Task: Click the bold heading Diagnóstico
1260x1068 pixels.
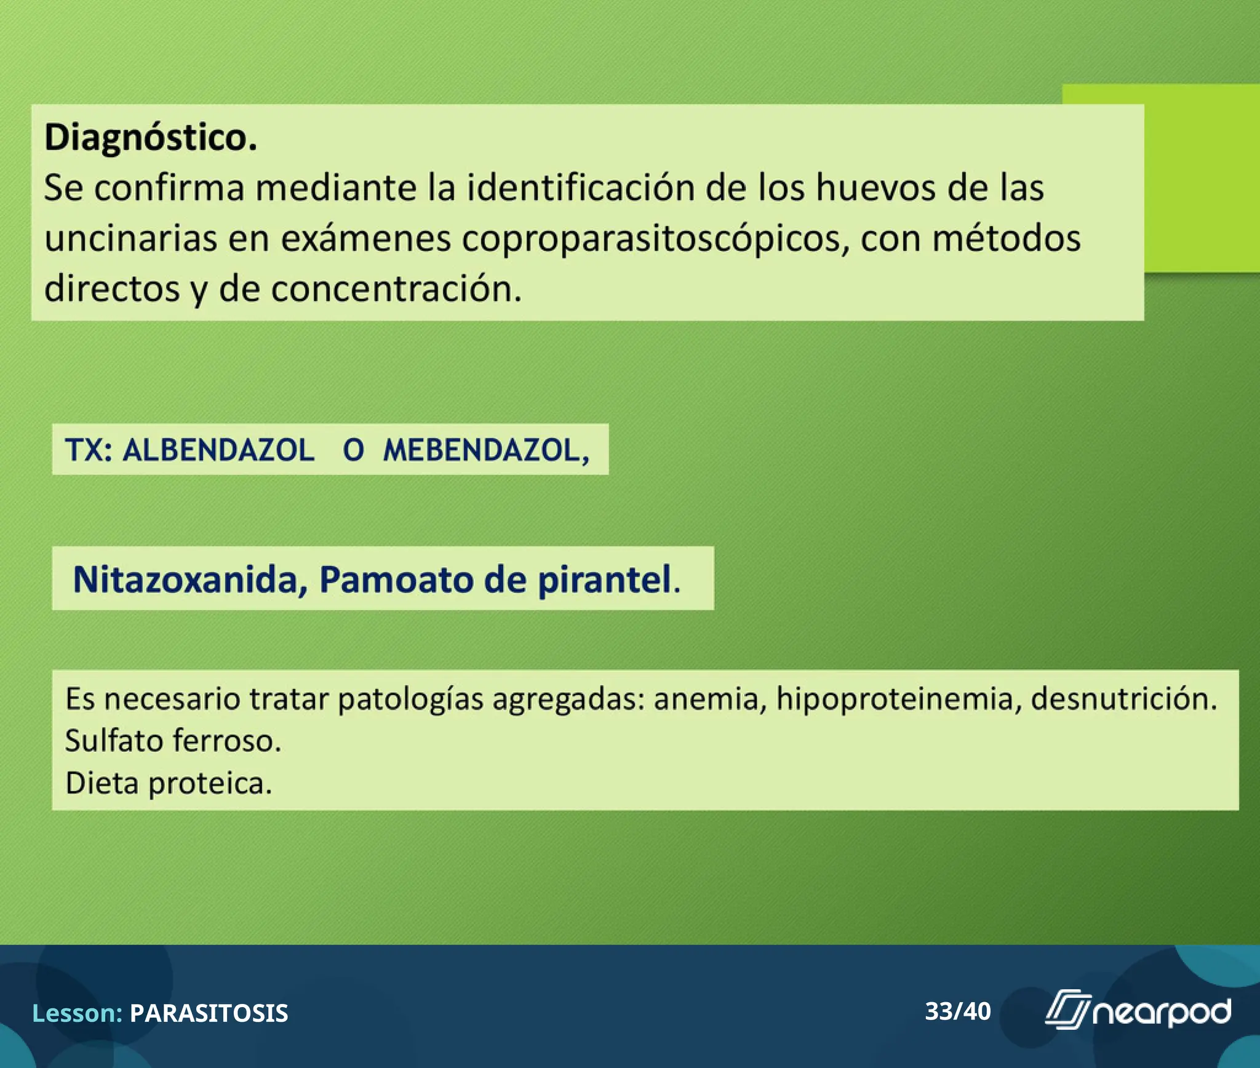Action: pos(151,137)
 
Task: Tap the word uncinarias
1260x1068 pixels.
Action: pos(130,239)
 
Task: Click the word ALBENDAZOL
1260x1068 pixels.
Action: pos(218,450)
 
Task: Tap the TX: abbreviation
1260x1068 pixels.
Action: pos(89,450)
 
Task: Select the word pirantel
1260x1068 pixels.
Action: pos(605,580)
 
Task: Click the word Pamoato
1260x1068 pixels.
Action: pos(397,580)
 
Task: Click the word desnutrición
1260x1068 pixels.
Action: pos(1124,699)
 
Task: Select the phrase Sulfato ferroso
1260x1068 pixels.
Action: pos(173,741)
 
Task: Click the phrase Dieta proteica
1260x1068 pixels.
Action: pos(169,783)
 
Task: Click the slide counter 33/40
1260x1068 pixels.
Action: pos(958,1011)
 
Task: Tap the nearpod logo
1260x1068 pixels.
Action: pos(1138,1011)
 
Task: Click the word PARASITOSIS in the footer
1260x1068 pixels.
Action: pos(209,1013)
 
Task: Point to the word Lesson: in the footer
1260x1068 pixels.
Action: pos(78,1013)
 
